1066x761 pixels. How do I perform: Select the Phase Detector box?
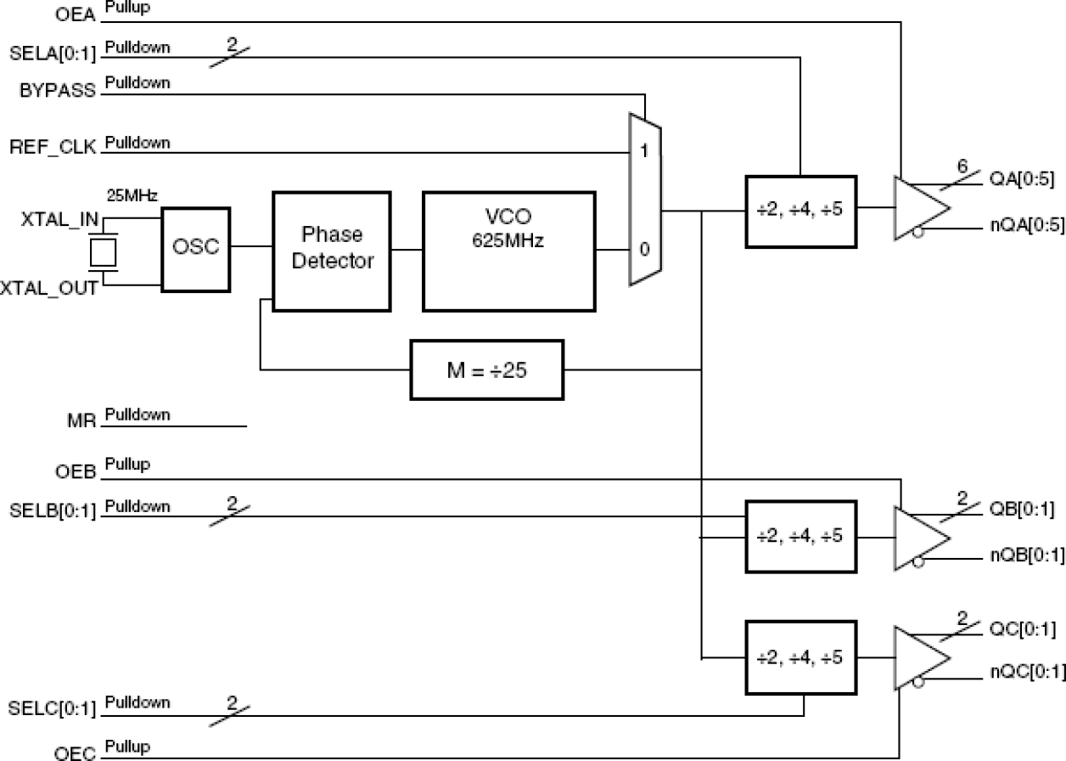pos(331,249)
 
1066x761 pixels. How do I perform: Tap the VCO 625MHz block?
pos(508,251)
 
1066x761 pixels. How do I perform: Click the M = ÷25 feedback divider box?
pos(487,369)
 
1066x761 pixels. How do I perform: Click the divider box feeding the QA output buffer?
pos(801,211)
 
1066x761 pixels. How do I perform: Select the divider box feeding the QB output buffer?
pos(801,536)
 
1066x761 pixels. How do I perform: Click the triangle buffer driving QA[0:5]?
pos(917,209)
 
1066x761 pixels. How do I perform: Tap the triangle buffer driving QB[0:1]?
pos(917,538)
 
